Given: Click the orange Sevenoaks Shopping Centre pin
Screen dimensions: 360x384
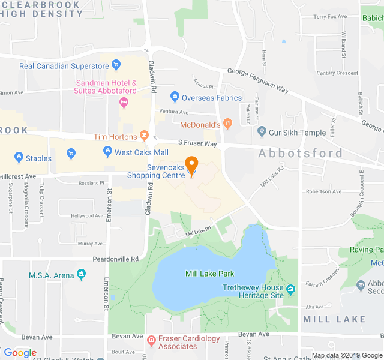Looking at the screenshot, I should click(191, 164).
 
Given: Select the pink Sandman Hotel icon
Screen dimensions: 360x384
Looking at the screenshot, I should click(124, 103).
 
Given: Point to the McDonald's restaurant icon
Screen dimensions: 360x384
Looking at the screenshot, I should click(227, 124).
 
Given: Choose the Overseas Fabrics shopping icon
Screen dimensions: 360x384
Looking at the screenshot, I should click(175, 97).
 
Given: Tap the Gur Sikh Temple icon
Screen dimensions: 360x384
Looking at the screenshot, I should click(262, 131).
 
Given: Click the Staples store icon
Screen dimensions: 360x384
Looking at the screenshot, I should click(19, 158).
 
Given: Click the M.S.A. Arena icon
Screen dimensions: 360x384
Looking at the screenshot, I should click(81, 275).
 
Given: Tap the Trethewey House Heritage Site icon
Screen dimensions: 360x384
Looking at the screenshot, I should click(291, 291).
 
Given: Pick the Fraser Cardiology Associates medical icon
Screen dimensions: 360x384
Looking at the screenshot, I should click(151, 341).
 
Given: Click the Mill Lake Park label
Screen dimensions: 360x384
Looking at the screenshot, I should click(209, 274).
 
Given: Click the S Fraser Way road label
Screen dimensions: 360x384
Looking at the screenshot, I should click(197, 143).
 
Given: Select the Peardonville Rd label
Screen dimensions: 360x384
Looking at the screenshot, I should click(116, 259).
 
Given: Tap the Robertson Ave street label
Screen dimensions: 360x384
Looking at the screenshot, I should click(323, 191).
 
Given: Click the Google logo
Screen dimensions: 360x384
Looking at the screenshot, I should click(20, 353).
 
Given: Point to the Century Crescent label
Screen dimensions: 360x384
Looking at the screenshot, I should click(337, 73).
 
